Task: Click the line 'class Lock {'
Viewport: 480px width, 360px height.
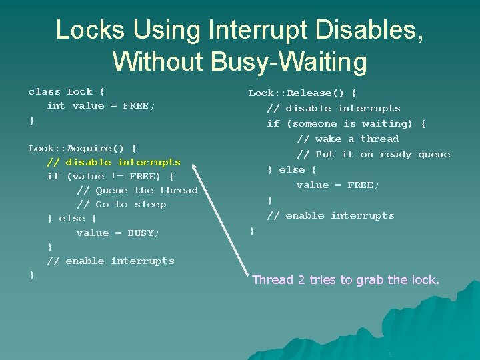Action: (x=66, y=92)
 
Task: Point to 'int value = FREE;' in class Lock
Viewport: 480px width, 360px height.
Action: (x=101, y=106)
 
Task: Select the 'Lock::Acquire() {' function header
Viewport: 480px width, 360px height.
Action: (x=82, y=148)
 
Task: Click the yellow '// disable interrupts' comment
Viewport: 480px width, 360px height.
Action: (x=113, y=162)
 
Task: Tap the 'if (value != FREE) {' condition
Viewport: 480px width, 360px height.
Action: (x=110, y=177)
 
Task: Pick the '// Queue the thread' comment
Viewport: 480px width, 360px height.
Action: (x=137, y=191)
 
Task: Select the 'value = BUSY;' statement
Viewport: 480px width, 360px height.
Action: (x=118, y=233)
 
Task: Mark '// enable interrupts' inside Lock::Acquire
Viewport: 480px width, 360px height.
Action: (x=110, y=261)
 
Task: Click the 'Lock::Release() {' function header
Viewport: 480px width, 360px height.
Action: (x=302, y=93)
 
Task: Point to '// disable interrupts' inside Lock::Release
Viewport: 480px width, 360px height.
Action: (x=333, y=109)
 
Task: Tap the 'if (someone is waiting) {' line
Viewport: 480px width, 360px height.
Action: (x=346, y=124)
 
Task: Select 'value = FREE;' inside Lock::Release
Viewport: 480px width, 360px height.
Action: (x=337, y=185)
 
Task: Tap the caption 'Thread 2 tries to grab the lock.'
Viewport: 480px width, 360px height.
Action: (x=345, y=280)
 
